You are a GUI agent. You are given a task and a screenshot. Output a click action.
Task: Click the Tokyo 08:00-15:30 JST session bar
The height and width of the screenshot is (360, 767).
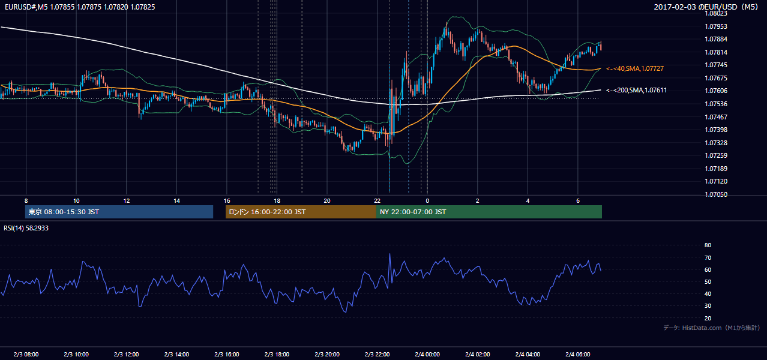point(119,212)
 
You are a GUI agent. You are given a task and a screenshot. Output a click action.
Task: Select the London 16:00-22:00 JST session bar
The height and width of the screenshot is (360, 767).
point(301,212)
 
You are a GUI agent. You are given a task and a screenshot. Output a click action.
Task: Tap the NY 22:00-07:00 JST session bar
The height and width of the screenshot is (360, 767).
point(489,212)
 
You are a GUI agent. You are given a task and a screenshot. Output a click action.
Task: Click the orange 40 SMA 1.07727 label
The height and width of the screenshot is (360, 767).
point(635,68)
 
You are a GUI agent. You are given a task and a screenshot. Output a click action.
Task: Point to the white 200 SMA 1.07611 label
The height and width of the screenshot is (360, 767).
point(637,91)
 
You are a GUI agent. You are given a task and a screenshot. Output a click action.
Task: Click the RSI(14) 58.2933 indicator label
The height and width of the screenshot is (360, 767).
point(26,228)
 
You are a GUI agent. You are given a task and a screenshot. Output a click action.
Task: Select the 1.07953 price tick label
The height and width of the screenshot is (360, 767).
point(715,26)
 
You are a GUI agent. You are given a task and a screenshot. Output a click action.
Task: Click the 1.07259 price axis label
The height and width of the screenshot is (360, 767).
point(715,155)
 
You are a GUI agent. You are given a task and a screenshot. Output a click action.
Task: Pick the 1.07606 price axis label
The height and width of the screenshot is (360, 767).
point(715,91)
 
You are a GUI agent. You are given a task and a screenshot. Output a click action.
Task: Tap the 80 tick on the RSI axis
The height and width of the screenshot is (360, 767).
point(708,245)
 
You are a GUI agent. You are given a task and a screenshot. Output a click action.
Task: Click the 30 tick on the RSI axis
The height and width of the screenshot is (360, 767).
point(708,305)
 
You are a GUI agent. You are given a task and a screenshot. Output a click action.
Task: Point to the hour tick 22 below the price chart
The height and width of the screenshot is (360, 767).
point(377,201)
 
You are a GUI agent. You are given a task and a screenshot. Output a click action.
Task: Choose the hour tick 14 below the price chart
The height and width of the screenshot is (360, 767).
point(176,201)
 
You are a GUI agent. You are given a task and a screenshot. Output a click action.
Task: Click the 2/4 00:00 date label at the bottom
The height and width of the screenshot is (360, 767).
point(427,354)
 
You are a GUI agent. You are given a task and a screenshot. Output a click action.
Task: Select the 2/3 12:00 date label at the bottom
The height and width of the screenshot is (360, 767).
point(127,354)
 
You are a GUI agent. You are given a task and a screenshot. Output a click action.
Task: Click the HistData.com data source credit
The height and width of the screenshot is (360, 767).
point(702,328)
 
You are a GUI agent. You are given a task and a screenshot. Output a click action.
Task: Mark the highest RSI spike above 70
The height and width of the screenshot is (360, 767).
point(390,254)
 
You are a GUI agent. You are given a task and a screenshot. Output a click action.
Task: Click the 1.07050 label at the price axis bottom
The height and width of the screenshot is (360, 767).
point(715,194)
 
